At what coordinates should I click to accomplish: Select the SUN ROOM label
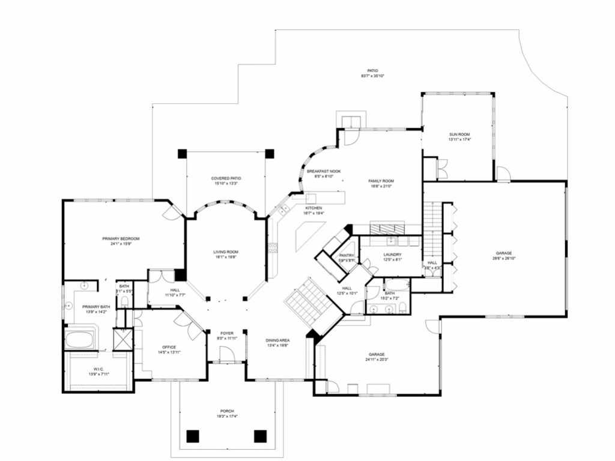pos(459,134)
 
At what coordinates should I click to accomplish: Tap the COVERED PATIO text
pos(226,178)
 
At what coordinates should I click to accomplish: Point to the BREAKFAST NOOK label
pos(324,171)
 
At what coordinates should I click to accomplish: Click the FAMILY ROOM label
pos(381,181)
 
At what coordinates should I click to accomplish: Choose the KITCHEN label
pos(314,208)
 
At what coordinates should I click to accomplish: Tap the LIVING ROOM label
pos(226,252)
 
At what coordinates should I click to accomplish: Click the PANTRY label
pos(347,255)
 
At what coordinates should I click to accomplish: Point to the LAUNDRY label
pos(392,255)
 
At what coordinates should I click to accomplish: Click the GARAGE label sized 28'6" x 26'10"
pos(504,253)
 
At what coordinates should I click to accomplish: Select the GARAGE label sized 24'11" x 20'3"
pos(377,354)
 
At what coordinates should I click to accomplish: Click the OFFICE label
pos(169,347)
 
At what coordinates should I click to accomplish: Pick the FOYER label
pos(226,333)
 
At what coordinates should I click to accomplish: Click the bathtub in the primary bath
pos(80,340)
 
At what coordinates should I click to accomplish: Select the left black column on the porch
pos(193,436)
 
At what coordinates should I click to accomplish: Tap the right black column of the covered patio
pos(270,153)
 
